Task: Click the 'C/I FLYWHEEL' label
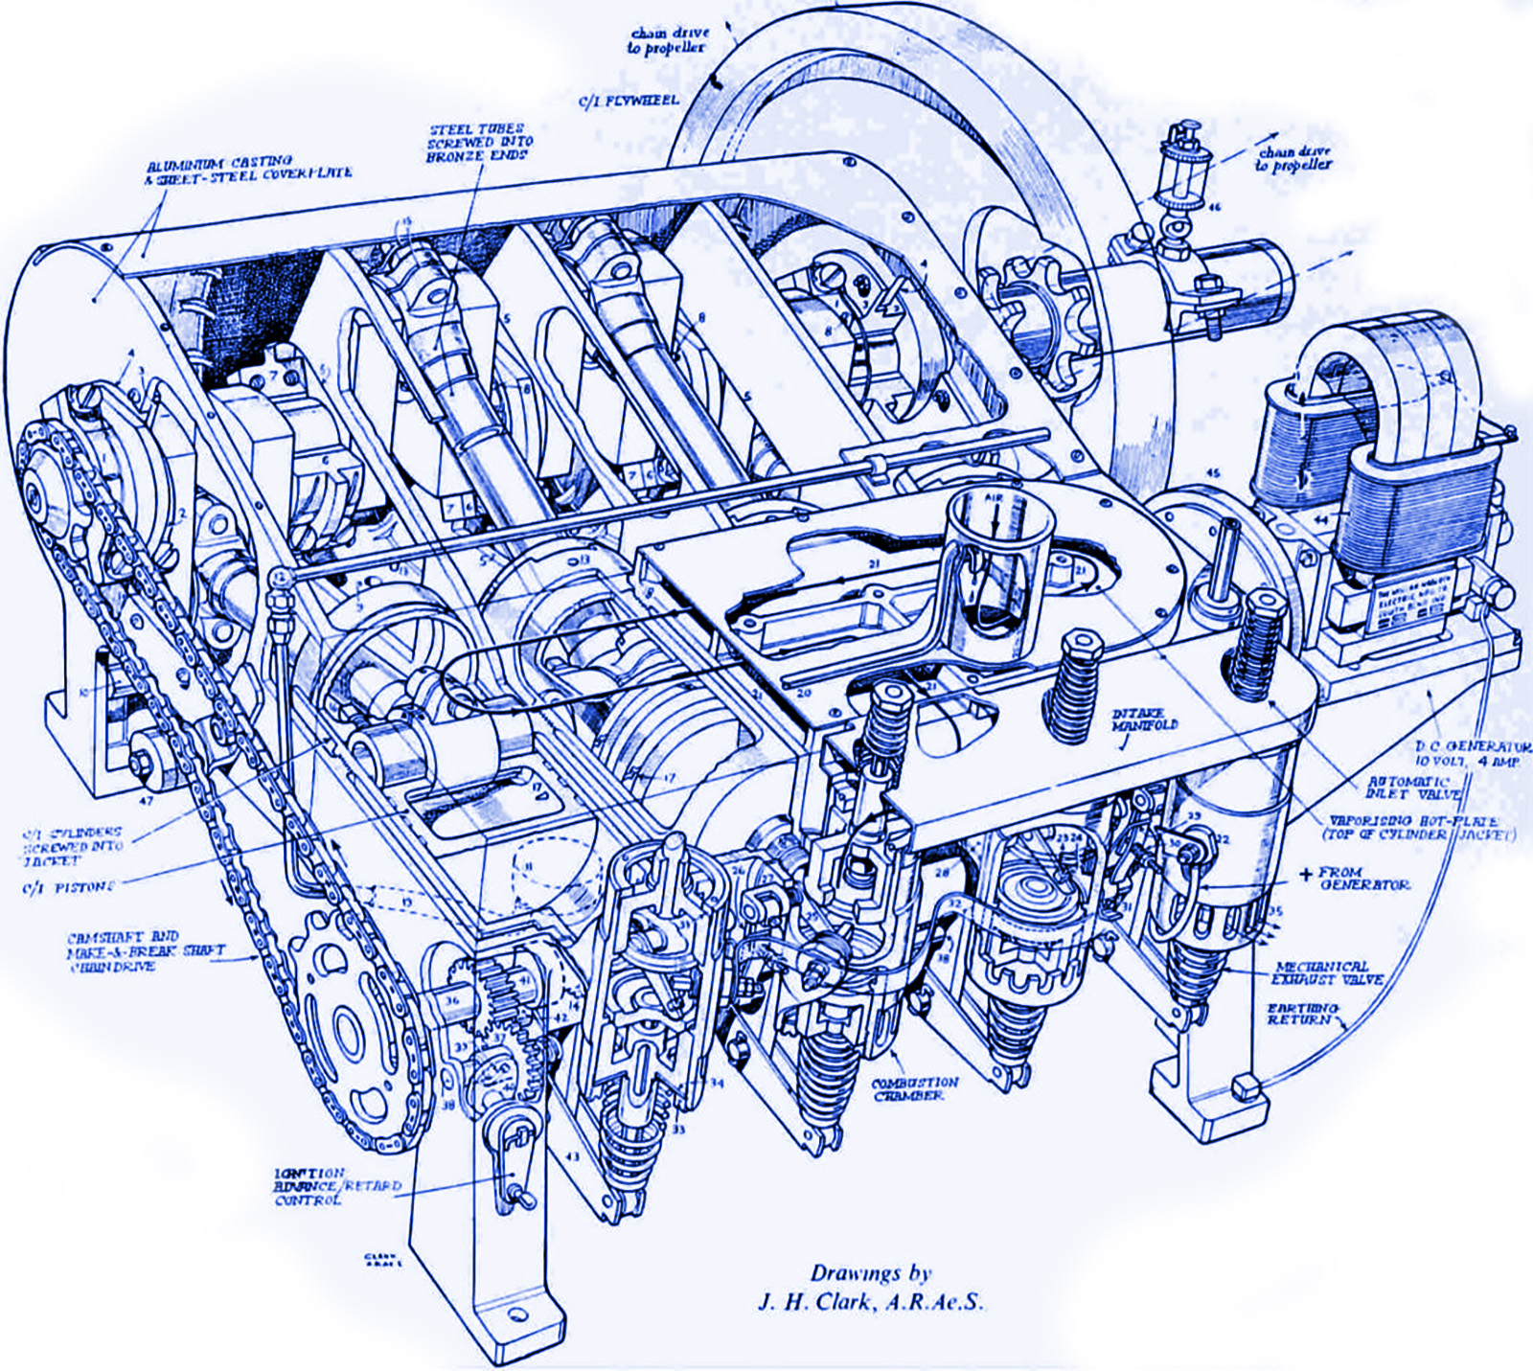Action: coord(629,100)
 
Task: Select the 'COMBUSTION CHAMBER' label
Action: coord(914,1089)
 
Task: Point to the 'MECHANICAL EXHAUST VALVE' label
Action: coord(1326,972)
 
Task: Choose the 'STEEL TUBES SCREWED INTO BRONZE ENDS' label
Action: coord(478,142)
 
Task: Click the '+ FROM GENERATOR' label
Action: coord(1357,878)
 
